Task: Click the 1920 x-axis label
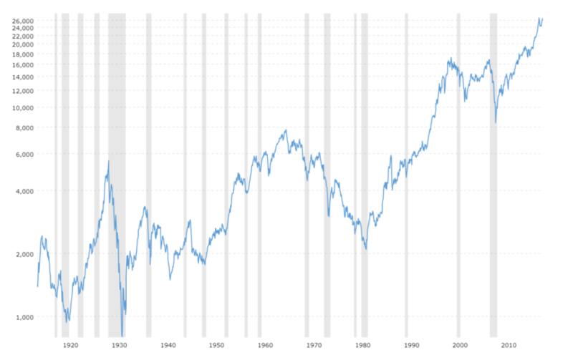pyautogui.click(x=70, y=345)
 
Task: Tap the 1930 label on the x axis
pyautogui.click(x=119, y=345)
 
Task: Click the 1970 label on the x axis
pyautogui.click(x=314, y=345)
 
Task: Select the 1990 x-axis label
pyautogui.click(x=411, y=345)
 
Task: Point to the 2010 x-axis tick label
pyautogui.click(x=509, y=345)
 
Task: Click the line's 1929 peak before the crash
pyautogui.click(x=108, y=161)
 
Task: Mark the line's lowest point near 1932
pyautogui.click(x=122, y=335)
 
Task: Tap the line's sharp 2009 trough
pyautogui.click(x=496, y=123)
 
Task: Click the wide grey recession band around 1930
pyautogui.click(x=117, y=179)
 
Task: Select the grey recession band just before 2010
pyautogui.click(x=493, y=179)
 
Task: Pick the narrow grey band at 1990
pyautogui.click(x=406, y=179)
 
